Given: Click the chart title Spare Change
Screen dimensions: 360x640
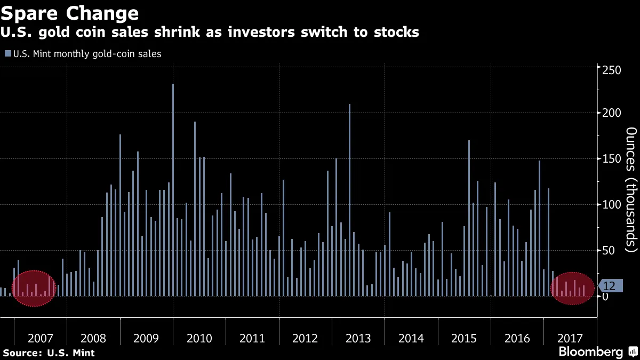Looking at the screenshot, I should coord(70,13).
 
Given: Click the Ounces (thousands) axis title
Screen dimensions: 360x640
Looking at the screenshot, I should coord(630,189).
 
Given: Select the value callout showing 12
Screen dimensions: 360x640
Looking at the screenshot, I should coord(609,286).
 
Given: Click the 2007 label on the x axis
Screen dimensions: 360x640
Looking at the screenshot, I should coord(41,338).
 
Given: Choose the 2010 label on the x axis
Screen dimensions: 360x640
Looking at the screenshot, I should coord(199,338).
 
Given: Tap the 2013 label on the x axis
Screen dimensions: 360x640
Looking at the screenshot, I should coord(358,338).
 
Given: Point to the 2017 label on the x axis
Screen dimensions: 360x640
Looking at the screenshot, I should coord(570,338).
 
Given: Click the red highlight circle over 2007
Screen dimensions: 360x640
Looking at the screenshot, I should coord(33,289).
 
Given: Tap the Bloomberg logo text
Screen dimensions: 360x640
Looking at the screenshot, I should coord(590,352).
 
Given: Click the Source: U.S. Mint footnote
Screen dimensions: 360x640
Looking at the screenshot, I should coord(49,353).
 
